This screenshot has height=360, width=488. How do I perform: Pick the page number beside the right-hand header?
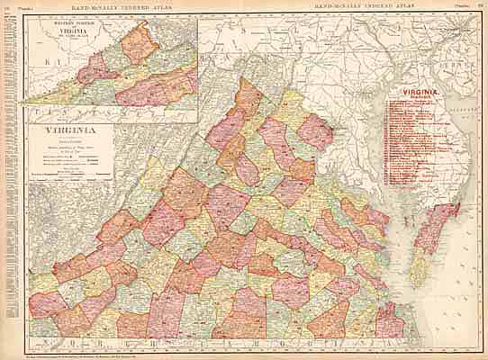point(481,6)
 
